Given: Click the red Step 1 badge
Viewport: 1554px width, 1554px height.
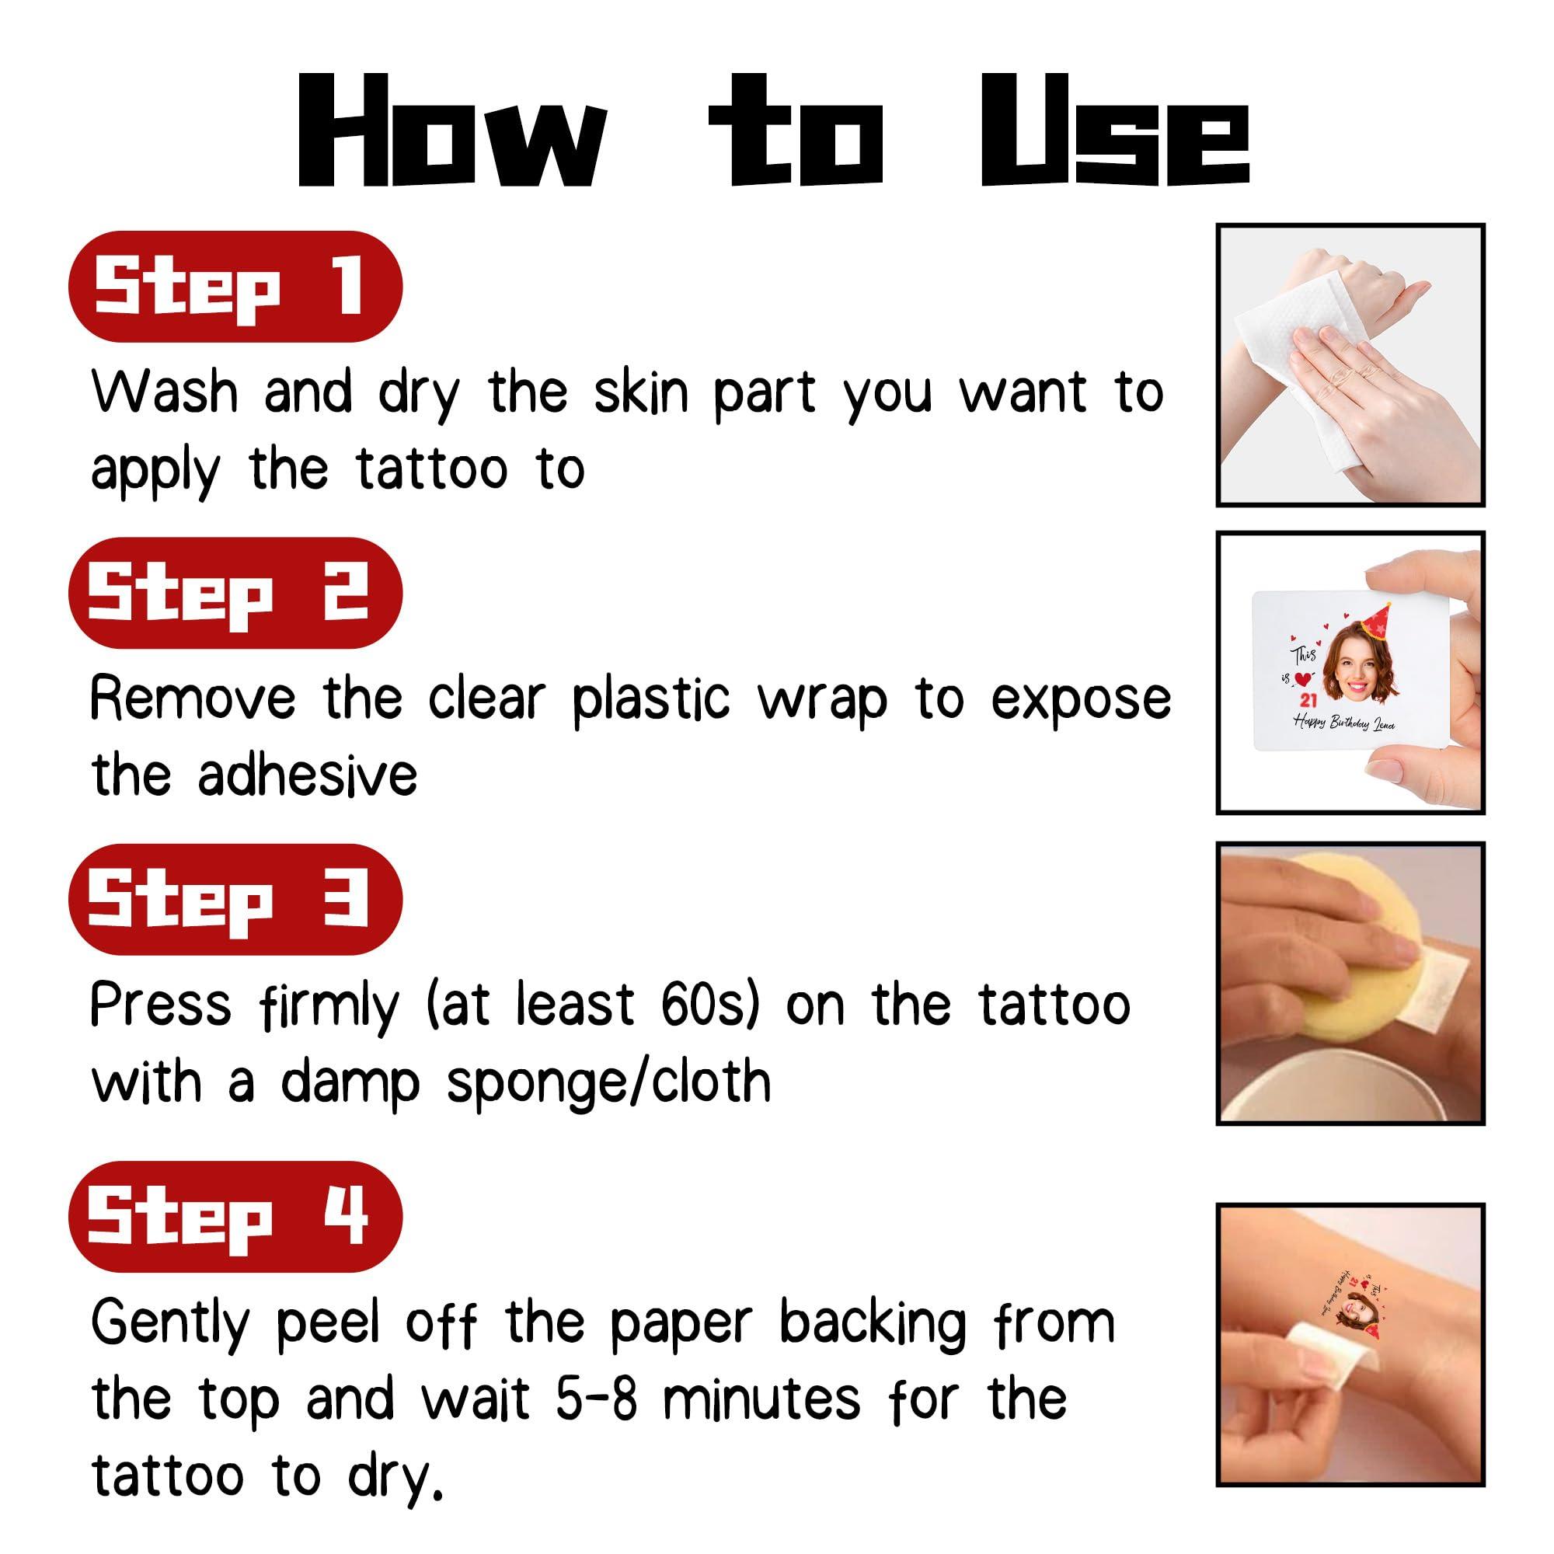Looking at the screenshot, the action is click(x=235, y=287).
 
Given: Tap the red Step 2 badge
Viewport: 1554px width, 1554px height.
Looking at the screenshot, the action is click(x=235, y=594).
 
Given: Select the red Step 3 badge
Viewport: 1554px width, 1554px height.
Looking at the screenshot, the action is click(x=235, y=899).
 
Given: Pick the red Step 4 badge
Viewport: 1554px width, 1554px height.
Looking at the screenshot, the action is click(x=235, y=1216).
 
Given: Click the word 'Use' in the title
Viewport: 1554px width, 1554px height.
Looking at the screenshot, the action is click(x=1115, y=132).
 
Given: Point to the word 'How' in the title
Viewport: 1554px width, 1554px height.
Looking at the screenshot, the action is click(x=452, y=132).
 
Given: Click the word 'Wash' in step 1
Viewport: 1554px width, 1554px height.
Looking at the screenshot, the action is click(x=165, y=393).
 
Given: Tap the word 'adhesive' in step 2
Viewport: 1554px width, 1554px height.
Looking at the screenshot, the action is click(x=308, y=775).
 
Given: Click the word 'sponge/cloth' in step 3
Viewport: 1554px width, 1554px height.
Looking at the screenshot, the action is click(x=609, y=1082).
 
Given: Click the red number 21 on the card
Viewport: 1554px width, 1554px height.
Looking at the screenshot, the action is click(x=1308, y=701).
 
